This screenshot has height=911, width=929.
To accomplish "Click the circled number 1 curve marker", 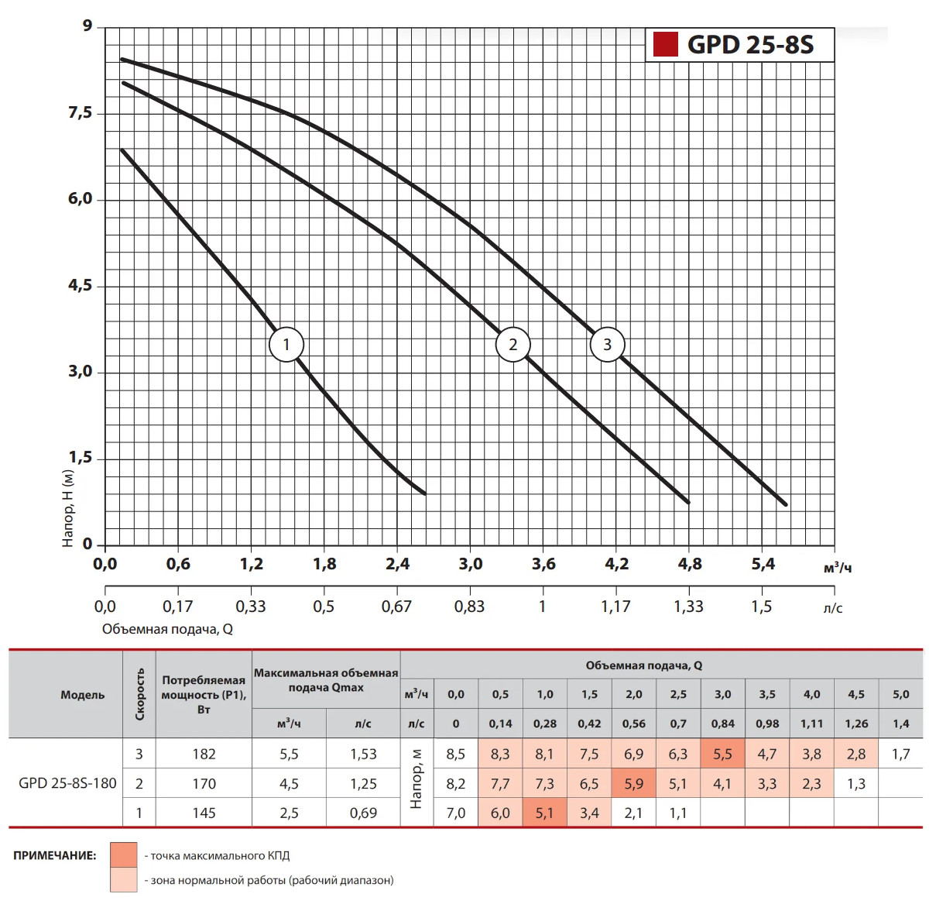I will coord(286,345).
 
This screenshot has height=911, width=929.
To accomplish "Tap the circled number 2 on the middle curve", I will coord(512,345).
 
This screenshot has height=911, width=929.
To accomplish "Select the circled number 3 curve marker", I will coord(607,345).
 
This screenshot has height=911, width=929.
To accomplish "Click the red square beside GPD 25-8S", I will coord(665,44).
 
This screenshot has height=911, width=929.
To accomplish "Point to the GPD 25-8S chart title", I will coord(750,45).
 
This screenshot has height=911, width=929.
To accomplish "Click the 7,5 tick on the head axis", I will coord(80,113).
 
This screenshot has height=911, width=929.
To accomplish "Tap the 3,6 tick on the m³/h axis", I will coord(543,564).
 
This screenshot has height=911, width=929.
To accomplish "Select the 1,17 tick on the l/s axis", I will coord(615,607).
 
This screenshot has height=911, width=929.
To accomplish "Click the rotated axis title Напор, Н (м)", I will coord(68,508).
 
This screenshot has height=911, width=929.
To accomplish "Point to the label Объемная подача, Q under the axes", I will coord(167,629).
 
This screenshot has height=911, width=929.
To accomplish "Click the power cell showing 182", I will coord(204,754).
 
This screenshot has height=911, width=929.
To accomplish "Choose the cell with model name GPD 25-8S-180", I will coord(67,783).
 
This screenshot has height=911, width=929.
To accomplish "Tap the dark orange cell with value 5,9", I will coord(633,784).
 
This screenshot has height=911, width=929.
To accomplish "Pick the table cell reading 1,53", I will coord(363,754).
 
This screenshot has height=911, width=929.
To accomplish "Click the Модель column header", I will coord(82,695).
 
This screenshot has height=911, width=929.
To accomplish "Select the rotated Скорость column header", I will coord(139,694).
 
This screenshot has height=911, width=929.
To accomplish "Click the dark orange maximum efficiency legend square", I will coord(124,855).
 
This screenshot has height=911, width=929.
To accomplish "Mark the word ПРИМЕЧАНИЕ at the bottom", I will coord(55,856).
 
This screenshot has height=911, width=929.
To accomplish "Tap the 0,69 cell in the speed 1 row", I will coord(363,813).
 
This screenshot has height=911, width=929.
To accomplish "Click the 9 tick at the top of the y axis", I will coord(87,26).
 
